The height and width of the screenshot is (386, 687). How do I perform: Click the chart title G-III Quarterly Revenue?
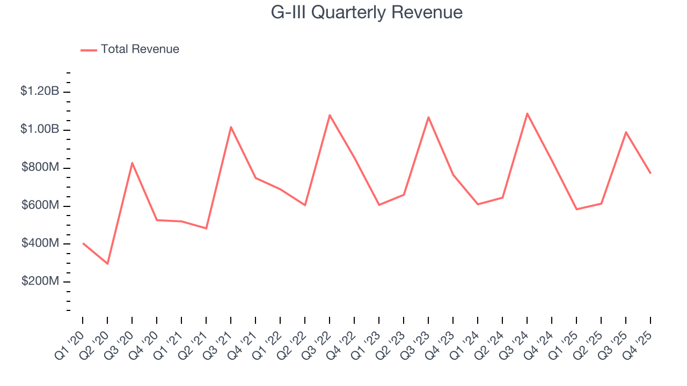(367, 12)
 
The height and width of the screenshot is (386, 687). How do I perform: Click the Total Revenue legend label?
(140, 49)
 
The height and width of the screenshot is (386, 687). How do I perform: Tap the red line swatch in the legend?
(89, 50)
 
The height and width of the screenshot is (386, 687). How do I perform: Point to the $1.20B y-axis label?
(40, 91)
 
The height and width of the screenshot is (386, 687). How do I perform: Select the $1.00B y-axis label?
(40, 129)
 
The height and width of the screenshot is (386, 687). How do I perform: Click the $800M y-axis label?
(40, 167)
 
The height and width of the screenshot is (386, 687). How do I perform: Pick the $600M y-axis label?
(40, 205)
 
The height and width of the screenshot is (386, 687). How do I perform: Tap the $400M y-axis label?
(40, 243)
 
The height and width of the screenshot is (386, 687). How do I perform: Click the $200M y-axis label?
(40, 281)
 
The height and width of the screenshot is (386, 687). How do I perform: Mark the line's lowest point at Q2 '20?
(107, 264)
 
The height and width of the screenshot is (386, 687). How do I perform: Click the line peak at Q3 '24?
(527, 113)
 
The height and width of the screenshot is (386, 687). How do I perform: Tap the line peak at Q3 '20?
(132, 162)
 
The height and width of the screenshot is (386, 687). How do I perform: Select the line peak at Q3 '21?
(231, 127)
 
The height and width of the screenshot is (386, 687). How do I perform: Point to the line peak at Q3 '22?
(330, 115)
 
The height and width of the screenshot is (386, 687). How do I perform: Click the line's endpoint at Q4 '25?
(651, 173)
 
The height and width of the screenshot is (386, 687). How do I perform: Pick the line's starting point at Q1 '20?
(83, 243)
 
